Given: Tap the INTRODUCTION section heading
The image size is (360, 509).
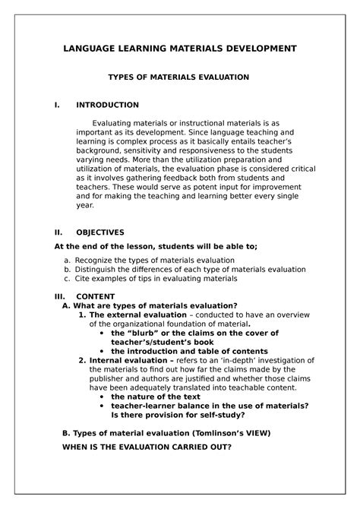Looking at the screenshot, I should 106,105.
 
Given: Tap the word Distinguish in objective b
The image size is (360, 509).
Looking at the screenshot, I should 99,269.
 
